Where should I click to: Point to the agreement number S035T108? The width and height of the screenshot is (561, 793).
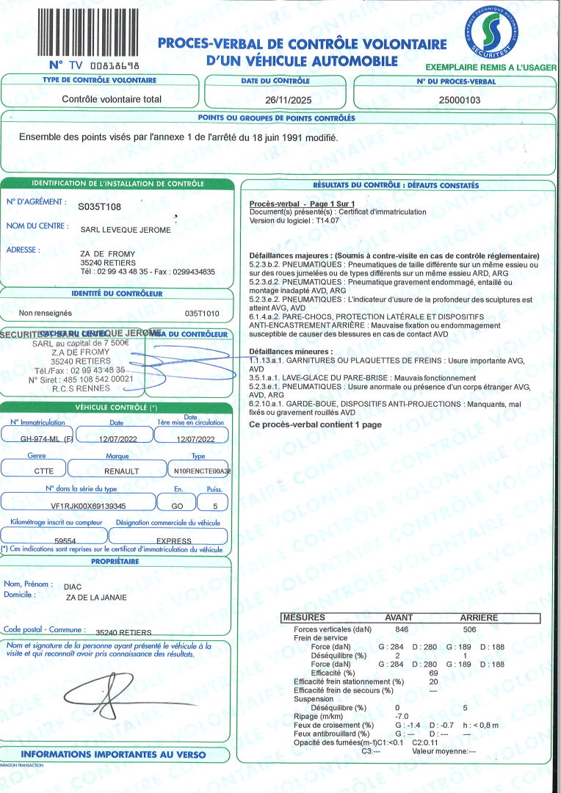pyautogui.click(x=99, y=208)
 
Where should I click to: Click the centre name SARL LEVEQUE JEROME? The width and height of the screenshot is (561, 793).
pyautogui.click(x=125, y=230)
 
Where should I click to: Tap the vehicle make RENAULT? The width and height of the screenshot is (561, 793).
pyautogui.click(x=121, y=471)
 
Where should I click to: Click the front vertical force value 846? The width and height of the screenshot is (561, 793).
pyautogui.click(x=401, y=630)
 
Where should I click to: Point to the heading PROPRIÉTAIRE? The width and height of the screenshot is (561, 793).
pyautogui.click(x=115, y=561)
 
